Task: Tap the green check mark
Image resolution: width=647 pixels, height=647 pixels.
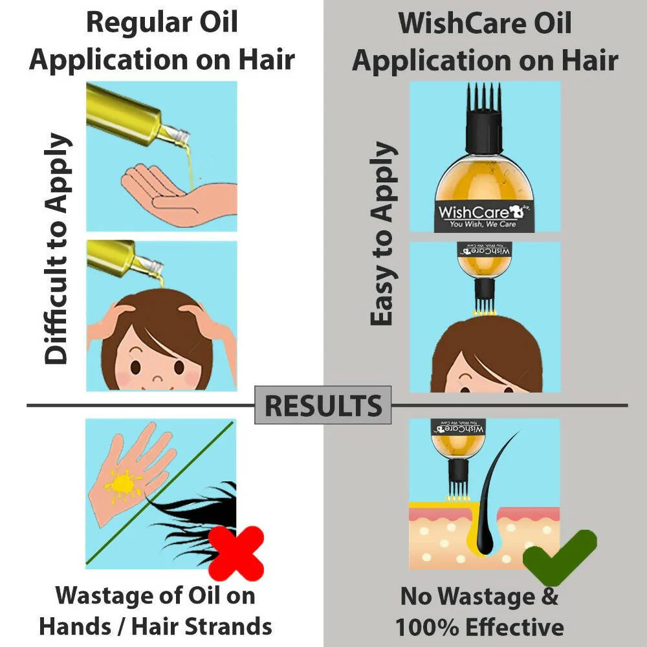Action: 560,557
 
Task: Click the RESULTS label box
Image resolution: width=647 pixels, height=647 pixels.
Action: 323,406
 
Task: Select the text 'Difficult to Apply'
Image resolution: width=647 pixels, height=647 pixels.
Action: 57,249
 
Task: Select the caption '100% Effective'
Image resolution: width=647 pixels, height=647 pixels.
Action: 479,627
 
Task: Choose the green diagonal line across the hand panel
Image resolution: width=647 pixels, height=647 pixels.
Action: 162,492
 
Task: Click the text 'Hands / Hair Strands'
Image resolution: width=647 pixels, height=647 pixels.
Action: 155,626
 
